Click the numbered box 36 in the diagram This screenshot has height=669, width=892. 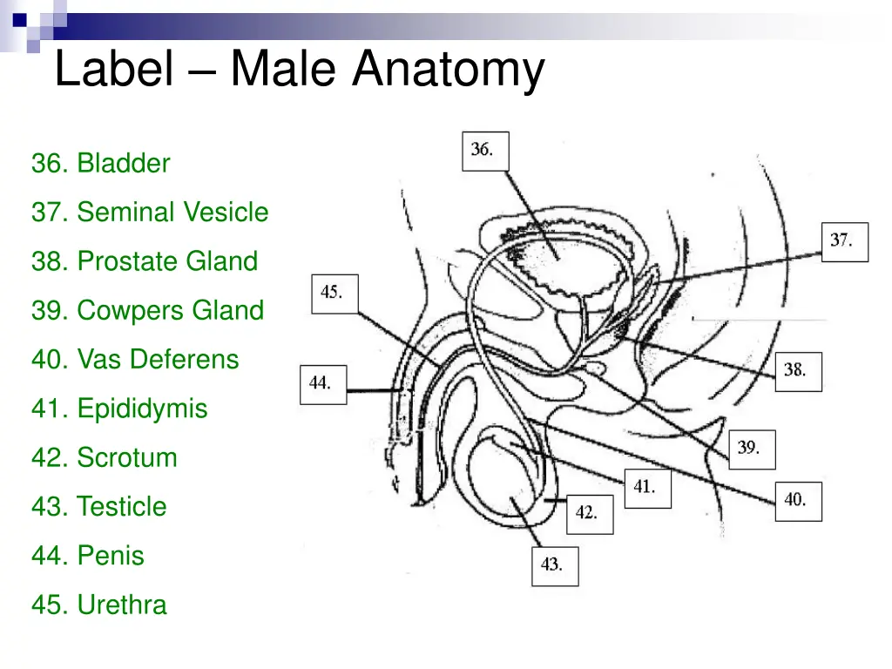pyautogui.click(x=484, y=151)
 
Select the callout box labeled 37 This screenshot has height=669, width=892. pyautogui.click(x=845, y=241)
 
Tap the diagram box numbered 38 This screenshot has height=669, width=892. pyautogui.click(x=798, y=370)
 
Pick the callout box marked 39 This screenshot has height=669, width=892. pyautogui.click(x=751, y=449)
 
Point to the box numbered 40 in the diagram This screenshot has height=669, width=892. pyautogui.click(x=798, y=501)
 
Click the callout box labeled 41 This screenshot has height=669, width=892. pyautogui.click(x=647, y=488)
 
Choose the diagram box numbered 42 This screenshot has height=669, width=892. pyautogui.click(x=590, y=514)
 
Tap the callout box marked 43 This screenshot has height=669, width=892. pyautogui.click(x=555, y=564)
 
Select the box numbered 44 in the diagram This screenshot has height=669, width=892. pyautogui.click(x=323, y=383)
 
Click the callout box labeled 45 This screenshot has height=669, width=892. pyautogui.click(x=334, y=293)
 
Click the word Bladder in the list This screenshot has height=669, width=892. pyautogui.click(x=123, y=163)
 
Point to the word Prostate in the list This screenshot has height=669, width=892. pyautogui.click(x=127, y=261)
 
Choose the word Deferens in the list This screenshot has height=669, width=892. pyautogui.click(x=187, y=359)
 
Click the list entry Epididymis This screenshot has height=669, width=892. pyautogui.click(x=142, y=409)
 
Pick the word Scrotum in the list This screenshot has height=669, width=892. pyautogui.click(x=126, y=457)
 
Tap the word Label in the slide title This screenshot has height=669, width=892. pyautogui.click(x=113, y=70)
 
